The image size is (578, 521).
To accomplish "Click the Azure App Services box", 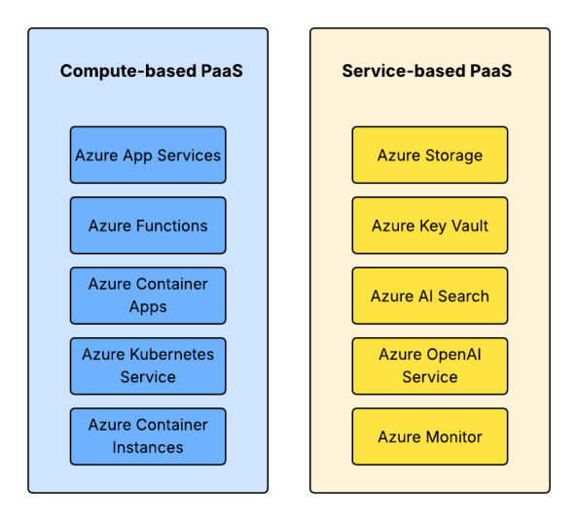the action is pyautogui.click(x=148, y=155).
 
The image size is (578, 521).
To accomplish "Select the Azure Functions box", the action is pyautogui.click(x=148, y=226).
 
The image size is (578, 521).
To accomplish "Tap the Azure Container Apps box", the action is pyautogui.click(x=148, y=295).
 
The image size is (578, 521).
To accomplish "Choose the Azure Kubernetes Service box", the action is pyautogui.click(x=148, y=366).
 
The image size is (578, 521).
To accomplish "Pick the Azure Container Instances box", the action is pyautogui.click(x=148, y=436).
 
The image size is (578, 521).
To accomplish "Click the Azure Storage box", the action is pyautogui.click(x=430, y=155).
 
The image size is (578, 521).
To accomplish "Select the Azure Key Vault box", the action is pyautogui.click(x=430, y=226).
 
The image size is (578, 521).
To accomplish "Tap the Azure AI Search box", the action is pyautogui.click(x=430, y=295).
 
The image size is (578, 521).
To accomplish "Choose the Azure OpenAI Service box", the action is pyautogui.click(x=430, y=366).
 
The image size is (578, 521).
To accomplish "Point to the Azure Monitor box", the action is pyautogui.click(x=430, y=436).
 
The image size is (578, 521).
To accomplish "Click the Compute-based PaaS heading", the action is pyautogui.click(x=152, y=71).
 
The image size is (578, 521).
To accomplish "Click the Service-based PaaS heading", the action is pyautogui.click(x=427, y=71).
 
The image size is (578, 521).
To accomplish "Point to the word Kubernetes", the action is pyautogui.click(x=172, y=355).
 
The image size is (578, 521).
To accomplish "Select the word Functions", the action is pyautogui.click(x=172, y=226).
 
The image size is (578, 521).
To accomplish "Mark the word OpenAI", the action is pyautogui.click(x=453, y=355).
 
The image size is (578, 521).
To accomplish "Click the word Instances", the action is pyautogui.click(x=148, y=448).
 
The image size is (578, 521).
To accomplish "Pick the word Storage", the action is pyautogui.click(x=453, y=156).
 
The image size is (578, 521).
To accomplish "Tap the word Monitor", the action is pyautogui.click(x=453, y=437).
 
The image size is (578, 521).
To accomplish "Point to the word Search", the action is pyautogui.click(x=463, y=296).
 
